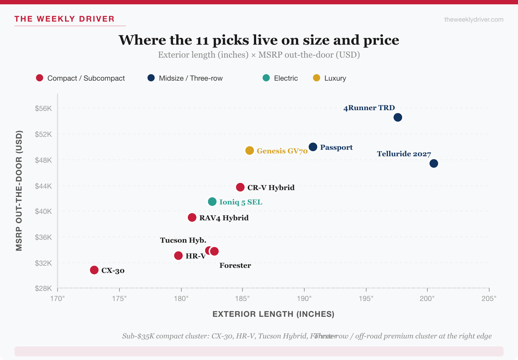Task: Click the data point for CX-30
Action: click(x=94, y=270)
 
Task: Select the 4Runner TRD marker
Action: click(x=398, y=117)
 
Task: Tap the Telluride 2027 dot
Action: click(x=434, y=163)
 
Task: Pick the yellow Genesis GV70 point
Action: click(x=250, y=150)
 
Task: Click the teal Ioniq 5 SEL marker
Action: click(x=212, y=202)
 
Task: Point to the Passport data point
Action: click(x=313, y=147)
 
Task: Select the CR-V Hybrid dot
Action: click(x=240, y=187)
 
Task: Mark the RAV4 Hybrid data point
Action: click(x=192, y=217)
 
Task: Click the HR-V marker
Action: click(x=178, y=256)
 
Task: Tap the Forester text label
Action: click(x=235, y=266)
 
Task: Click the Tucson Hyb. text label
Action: click(x=183, y=240)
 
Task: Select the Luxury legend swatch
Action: click(x=317, y=78)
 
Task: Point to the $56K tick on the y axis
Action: click(x=44, y=108)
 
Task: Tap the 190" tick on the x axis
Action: click(x=304, y=298)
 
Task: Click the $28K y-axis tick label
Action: click(x=44, y=288)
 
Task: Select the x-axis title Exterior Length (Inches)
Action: click(x=273, y=314)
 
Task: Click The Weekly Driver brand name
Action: click(x=64, y=19)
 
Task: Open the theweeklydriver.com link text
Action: click(x=474, y=19)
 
